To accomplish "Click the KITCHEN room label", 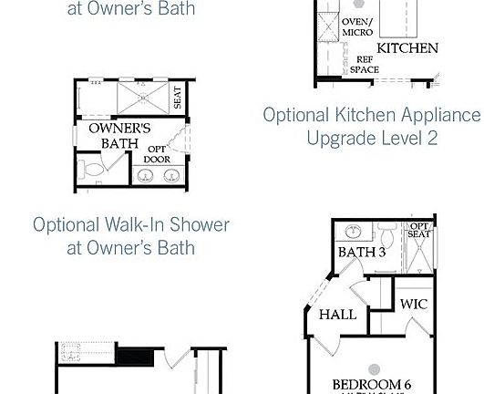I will (x=407, y=48).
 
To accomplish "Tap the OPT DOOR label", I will (x=158, y=154).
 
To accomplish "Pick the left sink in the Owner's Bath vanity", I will (x=146, y=173).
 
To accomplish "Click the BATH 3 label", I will (x=361, y=252).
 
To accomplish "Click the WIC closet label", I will (x=414, y=304).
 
